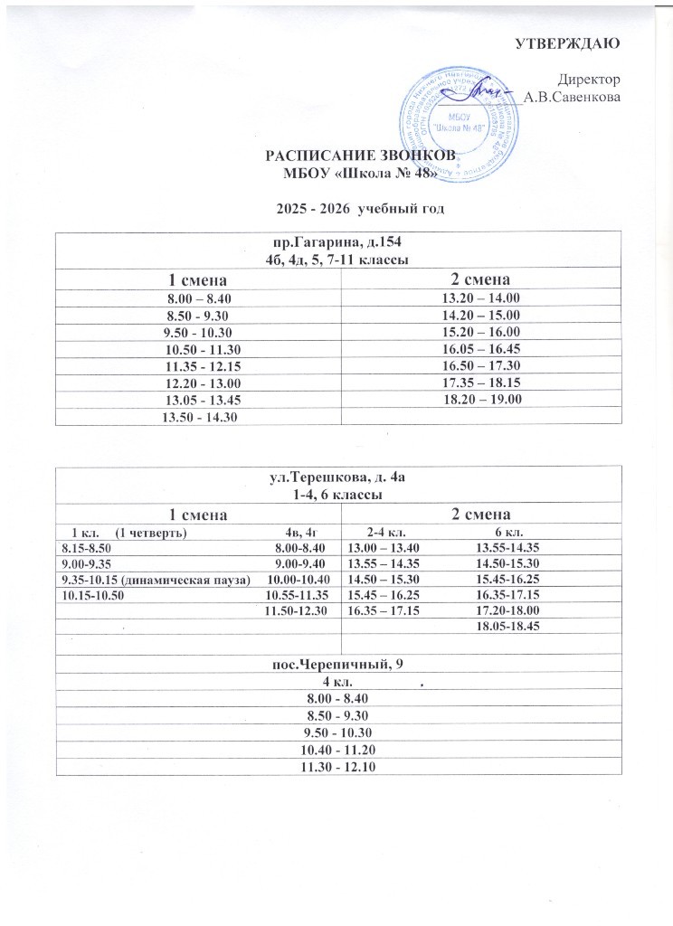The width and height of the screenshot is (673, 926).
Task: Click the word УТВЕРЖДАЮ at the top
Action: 566,43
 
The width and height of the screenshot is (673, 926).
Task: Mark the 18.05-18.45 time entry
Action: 507,628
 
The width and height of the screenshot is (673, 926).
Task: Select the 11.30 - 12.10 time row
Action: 337,766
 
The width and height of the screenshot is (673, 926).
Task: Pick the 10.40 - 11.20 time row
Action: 337,749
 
